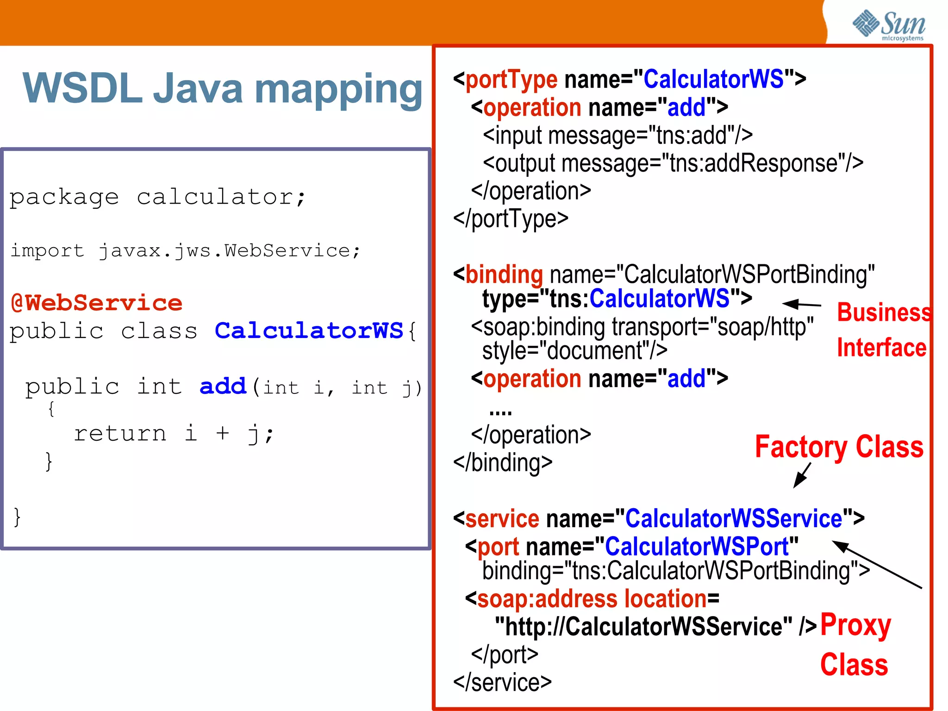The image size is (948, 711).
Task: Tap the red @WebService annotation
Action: click(96, 303)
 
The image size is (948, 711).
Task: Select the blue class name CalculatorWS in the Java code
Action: click(309, 331)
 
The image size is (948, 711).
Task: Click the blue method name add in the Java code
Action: click(223, 386)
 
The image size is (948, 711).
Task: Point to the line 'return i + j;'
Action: click(174, 434)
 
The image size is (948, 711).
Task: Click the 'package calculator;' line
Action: click(157, 197)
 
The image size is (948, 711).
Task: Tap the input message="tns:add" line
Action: click(617, 136)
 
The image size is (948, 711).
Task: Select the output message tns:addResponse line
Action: click(673, 163)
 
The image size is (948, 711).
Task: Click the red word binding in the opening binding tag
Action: click(504, 274)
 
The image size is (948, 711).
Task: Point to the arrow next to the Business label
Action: click(801, 304)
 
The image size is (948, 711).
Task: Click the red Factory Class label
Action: click(839, 447)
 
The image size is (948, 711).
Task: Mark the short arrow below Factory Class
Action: click(802, 476)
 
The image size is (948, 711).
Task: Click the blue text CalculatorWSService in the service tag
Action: click(734, 518)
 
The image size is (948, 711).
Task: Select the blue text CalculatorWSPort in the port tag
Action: click(697, 547)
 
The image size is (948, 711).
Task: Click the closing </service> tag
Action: click(502, 682)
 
